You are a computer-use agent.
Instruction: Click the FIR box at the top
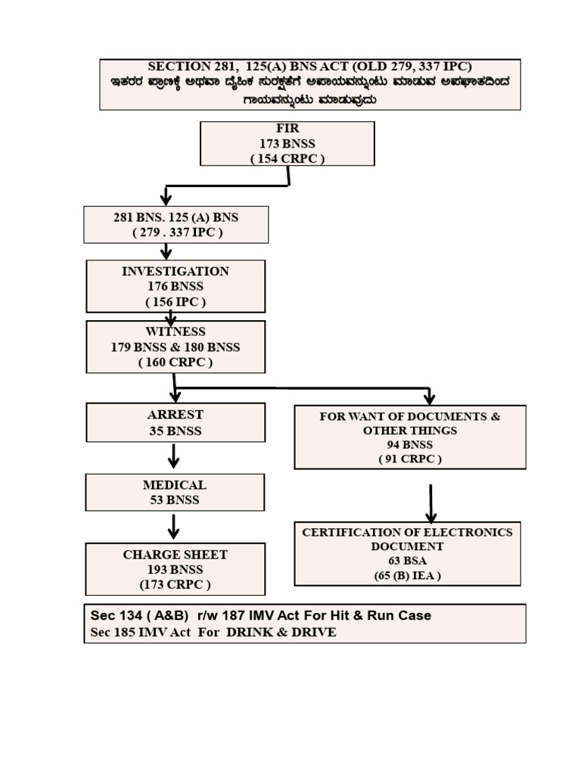287,143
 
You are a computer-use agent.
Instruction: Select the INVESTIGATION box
176,286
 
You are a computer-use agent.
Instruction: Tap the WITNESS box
176,347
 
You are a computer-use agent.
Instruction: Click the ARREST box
176,422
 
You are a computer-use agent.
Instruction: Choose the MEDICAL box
175,492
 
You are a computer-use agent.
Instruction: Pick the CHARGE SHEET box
175,569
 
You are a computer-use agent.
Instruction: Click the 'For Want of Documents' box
409,437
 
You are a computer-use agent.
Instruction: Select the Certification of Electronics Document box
407,553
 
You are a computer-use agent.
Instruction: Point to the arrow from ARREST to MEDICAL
174,456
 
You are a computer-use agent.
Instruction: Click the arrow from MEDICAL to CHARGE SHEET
174,526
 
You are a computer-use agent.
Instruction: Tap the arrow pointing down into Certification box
431,503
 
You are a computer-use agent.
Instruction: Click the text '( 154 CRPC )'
287,158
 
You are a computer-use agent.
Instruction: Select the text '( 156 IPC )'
176,301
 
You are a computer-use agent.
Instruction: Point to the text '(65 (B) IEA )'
407,575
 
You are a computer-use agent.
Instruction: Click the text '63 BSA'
407,561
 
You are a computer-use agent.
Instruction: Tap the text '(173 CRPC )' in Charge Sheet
175,584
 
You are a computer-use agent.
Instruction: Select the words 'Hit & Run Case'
385,615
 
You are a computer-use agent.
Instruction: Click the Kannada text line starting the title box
310,82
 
